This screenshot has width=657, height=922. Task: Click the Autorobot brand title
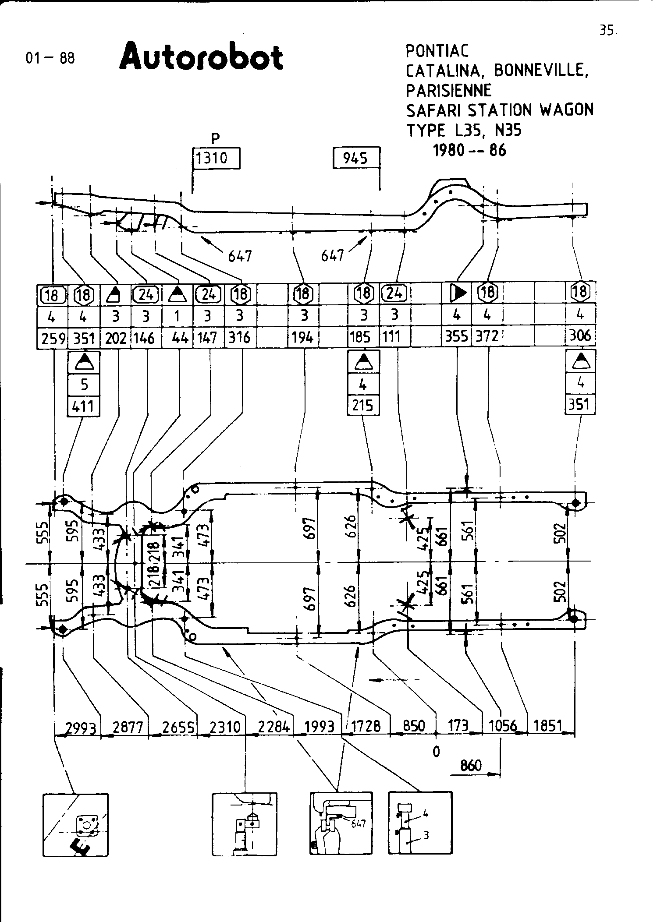pos(201,57)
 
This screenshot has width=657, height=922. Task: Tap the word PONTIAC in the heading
pos(437,51)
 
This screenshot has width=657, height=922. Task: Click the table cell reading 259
pos(53,338)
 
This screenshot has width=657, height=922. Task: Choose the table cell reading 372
pos(487,336)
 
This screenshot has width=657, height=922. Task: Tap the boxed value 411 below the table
pos(84,406)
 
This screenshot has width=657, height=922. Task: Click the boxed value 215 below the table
pos(363,406)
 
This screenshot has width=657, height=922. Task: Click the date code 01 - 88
pos(50,58)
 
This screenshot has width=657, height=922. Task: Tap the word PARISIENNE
pos(448,91)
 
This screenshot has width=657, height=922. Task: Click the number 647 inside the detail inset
pos(358,824)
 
